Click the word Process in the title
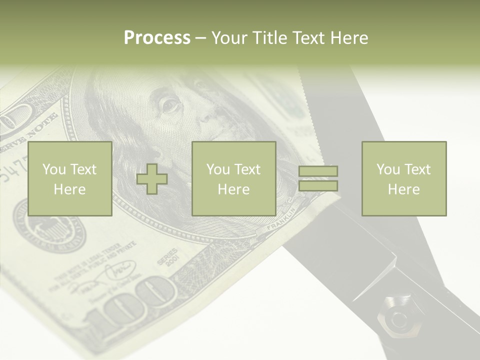[157, 38]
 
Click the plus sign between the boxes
[152, 179]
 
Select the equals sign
[318, 178]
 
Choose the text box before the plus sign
[70, 179]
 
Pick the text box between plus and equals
[233, 179]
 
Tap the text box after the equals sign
[403, 179]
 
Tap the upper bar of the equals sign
[318, 171]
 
